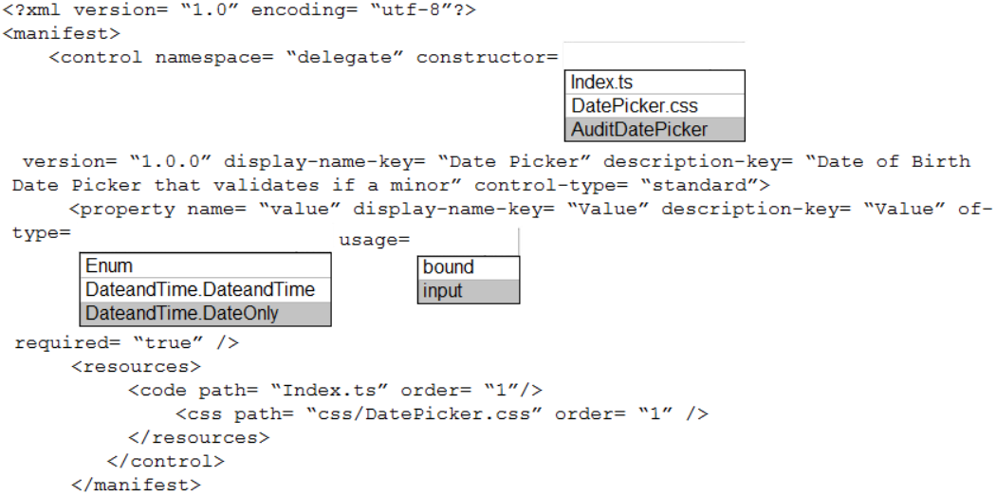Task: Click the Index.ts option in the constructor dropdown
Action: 655,82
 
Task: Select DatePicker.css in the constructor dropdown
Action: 655,105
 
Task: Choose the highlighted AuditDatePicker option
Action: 655,130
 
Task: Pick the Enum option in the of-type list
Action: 205,266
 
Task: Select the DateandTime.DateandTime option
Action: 205,289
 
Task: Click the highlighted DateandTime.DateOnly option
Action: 205,314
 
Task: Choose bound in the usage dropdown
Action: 469,267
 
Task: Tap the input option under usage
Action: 469,291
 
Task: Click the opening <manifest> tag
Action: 61,33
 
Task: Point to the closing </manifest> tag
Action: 137,486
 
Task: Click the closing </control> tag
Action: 166,462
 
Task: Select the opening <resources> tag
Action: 136,367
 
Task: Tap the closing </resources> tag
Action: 199,438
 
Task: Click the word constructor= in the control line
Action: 488,58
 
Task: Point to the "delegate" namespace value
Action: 345,58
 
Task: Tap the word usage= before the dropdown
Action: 375,241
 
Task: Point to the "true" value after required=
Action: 168,343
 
